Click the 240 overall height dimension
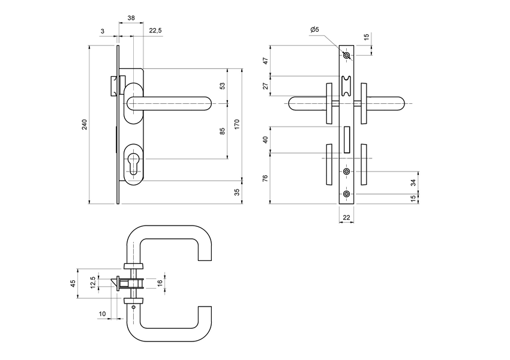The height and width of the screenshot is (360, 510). pyautogui.click(x=85, y=125)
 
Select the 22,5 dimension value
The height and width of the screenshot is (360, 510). pyautogui.click(x=155, y=31)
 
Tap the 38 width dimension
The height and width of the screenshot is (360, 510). pyautogui.click(x=131, y=19)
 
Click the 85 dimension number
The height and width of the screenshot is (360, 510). pyautogui.click(x=222, y=131)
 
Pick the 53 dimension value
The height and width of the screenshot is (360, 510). pyautogui.click(x=222, y=86)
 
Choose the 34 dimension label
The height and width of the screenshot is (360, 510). pyautogui.click(x=412, y=182)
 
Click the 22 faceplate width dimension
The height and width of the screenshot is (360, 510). pyautogui.click(x=347, y=217)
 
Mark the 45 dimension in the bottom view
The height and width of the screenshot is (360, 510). pyautogui.click(x=73, y=284)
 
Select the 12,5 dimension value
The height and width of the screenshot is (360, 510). pyautogui.click(x=92, y=283)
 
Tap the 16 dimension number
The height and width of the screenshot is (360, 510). pyautogui.click(x=160, y=283)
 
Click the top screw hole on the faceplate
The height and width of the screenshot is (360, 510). pyautogui.click(x=347, y=56)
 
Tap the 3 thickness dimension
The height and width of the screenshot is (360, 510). pyautogui.click(x=103, y=31)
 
